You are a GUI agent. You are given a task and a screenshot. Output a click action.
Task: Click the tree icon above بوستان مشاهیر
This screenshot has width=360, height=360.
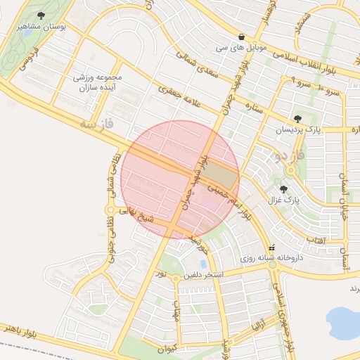point(41,15)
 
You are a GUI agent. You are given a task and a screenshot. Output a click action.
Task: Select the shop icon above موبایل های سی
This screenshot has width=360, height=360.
point(242,37)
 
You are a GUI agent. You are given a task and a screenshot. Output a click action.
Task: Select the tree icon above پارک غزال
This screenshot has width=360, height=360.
point(284,189)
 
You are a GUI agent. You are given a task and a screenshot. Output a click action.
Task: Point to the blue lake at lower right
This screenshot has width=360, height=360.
point(345,322)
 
